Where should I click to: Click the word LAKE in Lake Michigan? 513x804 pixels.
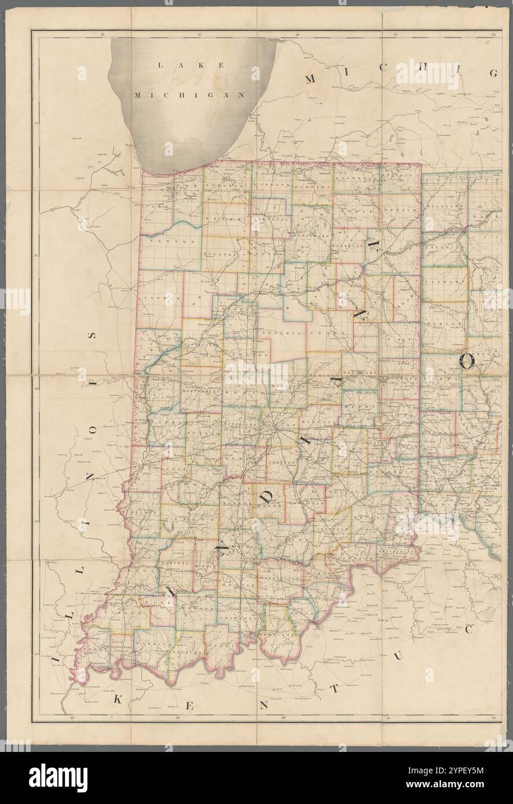click(192, 66)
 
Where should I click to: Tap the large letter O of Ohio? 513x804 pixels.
click(467, 362)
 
